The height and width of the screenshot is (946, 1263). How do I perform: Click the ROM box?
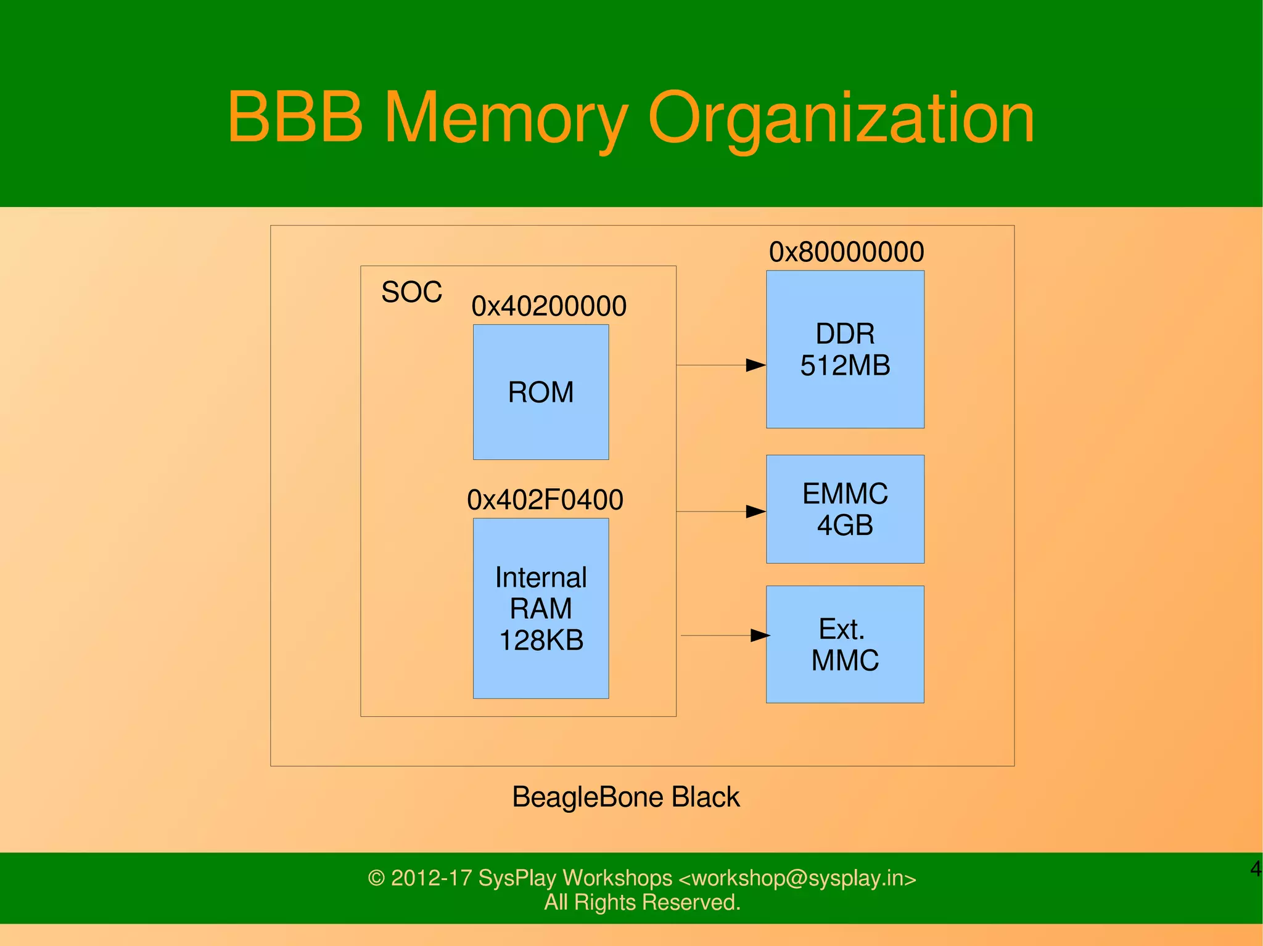tap(541, 392)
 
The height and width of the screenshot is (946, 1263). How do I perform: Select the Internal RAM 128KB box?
tap(541, 608)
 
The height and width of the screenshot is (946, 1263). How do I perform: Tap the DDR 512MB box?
tap(845, 349)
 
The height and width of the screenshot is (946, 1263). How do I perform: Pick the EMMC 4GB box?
tap(845, 509)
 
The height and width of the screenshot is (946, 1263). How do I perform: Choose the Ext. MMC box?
tap(845, 644)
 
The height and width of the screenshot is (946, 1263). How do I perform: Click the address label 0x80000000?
tap(846, 252)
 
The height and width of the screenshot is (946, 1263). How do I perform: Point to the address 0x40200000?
tap(549, 306)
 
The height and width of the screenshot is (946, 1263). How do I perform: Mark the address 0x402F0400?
tap(545, 500)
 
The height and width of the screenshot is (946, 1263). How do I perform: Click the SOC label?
tap(412, 292)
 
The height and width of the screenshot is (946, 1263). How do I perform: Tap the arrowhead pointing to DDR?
tap(756, 365)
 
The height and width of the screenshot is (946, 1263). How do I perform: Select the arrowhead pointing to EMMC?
tap(756, 512)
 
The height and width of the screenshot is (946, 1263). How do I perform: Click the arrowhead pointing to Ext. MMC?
tap(760, 635)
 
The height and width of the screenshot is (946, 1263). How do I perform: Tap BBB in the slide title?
tap(295, 117)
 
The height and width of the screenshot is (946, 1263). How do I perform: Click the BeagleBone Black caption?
tap(625, 797)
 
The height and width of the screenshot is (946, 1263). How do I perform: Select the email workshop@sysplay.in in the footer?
tap(797, 878)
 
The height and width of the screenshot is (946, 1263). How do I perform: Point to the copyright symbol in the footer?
tap(376, 878)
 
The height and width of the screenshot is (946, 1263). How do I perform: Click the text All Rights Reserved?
tap(642, 902)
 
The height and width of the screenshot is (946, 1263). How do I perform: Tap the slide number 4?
tap(1256, 869)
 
